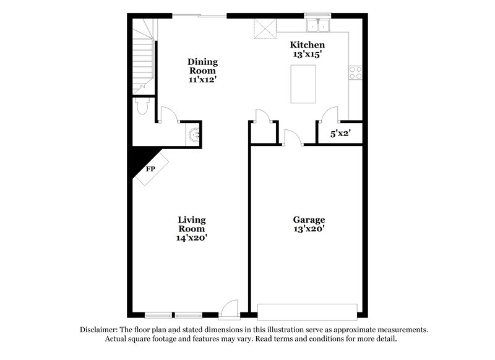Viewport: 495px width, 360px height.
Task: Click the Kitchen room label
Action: tap(308, 45)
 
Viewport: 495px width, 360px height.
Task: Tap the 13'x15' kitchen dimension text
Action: tap(308, 54)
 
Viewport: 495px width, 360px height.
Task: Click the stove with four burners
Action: tap(356, 74)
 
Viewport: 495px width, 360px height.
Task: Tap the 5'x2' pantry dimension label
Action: tap(340, 132)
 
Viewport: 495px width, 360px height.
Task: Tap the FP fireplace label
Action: tap(150, 168)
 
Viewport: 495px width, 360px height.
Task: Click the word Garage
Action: tap(309, 220)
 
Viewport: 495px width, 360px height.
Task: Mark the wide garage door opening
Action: tap(308, 311)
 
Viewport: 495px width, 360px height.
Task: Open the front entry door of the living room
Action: tap(230, 308)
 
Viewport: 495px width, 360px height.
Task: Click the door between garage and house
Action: tap(291, 138)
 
